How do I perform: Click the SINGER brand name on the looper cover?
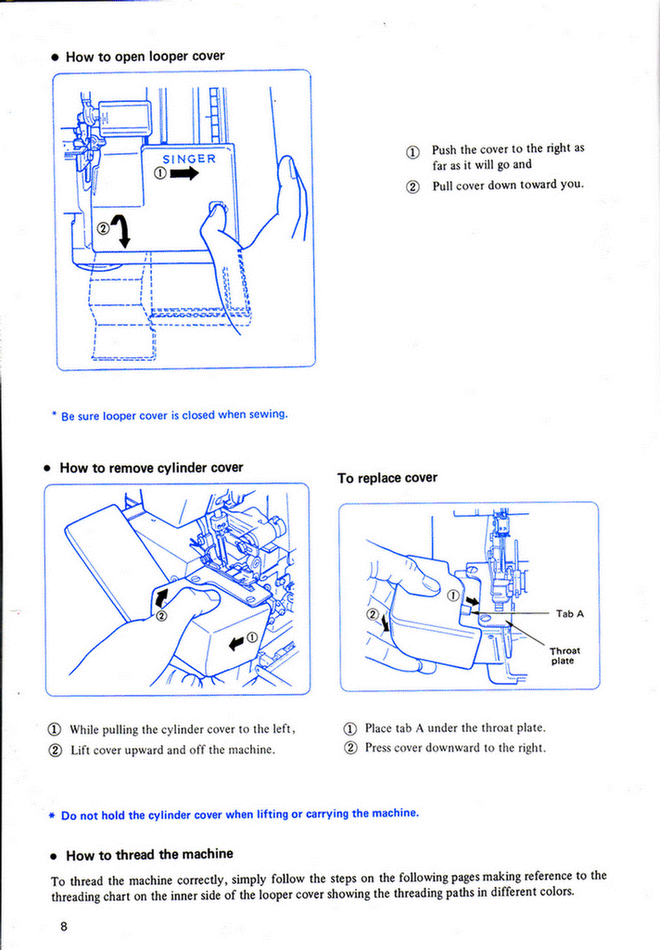189,158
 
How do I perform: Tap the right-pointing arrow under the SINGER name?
184,173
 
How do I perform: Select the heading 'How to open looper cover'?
145,57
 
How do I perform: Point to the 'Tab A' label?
569,613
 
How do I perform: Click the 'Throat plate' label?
564,655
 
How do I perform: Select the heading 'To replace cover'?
387,478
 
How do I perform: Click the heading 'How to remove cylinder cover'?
151,468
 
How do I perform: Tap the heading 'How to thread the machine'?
149,854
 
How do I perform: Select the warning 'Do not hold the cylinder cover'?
240,814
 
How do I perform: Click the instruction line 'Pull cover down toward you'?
507,185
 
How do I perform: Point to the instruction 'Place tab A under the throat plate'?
454,728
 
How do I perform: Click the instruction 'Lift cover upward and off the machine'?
172,749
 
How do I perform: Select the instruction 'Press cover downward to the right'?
454,748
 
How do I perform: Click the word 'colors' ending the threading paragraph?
552,892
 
